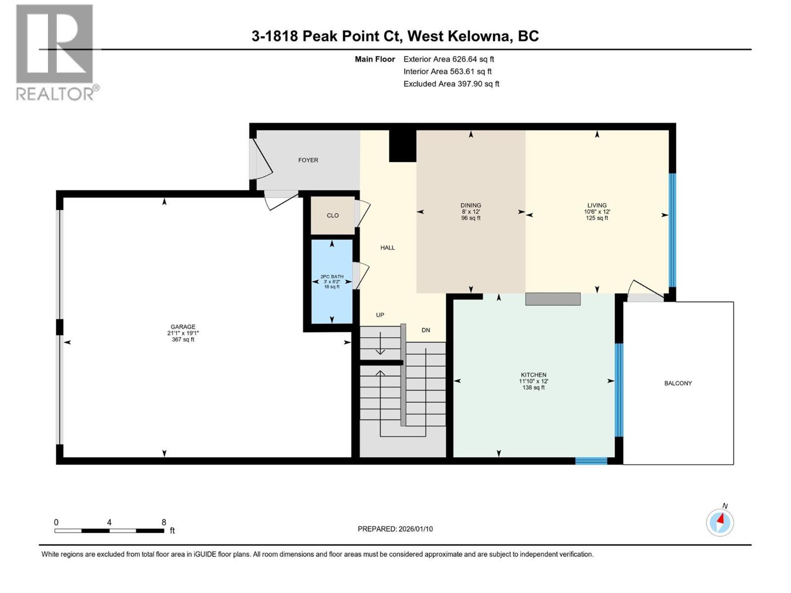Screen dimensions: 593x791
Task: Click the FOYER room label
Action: tap(308, 160)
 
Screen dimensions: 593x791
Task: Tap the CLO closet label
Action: tap(333, 215)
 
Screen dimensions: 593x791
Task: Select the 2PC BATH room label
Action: tap(332, 277)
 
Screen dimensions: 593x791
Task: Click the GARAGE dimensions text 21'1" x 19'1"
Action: tap(183, 333)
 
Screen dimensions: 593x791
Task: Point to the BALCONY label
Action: tap(678, 383)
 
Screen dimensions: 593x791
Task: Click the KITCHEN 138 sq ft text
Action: tap(533, 387)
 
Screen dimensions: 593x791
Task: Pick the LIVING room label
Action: tap(597, 205)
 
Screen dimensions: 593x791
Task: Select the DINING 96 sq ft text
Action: tap(471, 218)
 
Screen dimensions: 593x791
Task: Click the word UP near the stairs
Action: tap(380, 315)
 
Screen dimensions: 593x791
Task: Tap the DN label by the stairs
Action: tap(426, 330)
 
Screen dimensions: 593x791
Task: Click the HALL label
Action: tap(388, 248)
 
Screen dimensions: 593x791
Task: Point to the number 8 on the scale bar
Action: tap(164, 522)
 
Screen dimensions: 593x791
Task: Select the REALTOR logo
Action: tap(55, 52)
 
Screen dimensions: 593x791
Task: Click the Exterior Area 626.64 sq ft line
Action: tap(448, 59)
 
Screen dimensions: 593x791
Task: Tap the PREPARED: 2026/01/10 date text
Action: tap(395, 529)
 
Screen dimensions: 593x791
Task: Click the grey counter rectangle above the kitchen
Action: tap(553, 299)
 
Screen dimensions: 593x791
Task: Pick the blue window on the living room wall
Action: tap(672, 230)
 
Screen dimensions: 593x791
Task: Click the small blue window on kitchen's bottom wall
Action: tap(591, 461)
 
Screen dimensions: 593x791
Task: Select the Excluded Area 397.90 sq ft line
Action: tap(451, 84)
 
